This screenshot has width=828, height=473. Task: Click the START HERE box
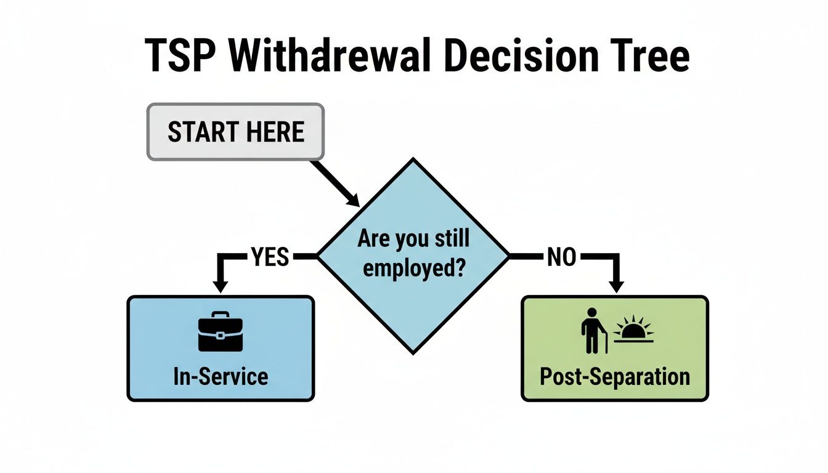[x=235, y=132]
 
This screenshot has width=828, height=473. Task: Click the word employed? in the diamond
[x=413, y=269]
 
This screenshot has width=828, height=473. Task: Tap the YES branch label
[x=270, y=256]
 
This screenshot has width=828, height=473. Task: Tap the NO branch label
[x=561, y=257]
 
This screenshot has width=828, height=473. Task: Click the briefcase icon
[x=221, y=334]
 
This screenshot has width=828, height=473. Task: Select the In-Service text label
[x=221, y=376]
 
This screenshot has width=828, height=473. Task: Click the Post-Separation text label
[x=615, y=376]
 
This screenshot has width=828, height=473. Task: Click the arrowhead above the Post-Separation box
[x=616, y=286]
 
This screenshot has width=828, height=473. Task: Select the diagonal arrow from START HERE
[x=336, y=184]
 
